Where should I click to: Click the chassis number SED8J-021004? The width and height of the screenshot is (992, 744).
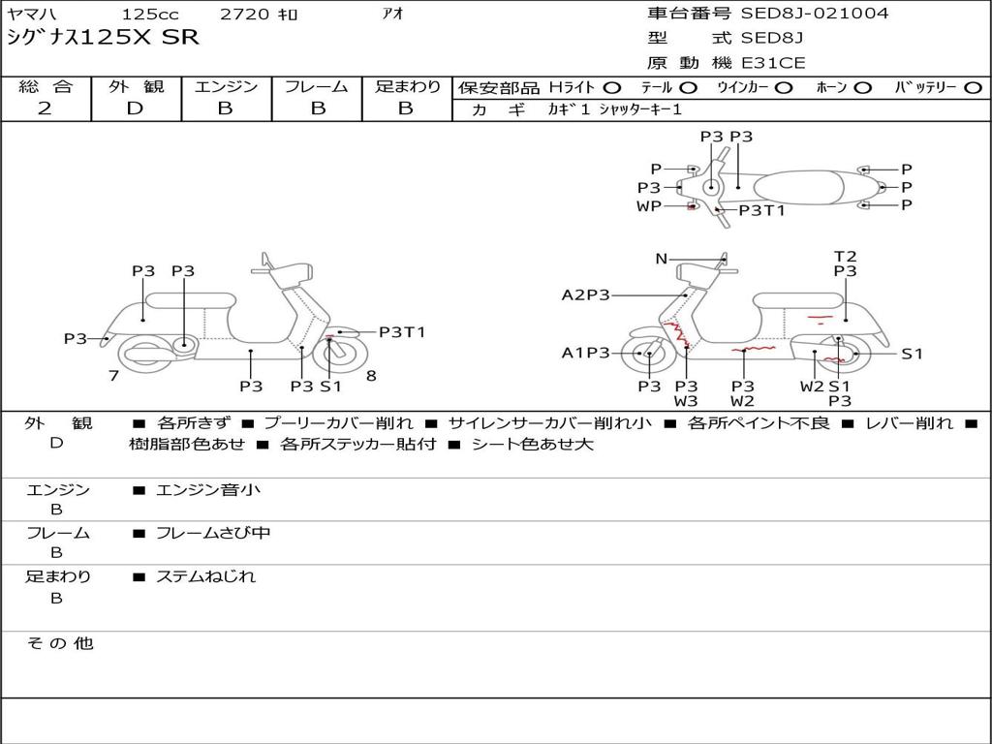814,14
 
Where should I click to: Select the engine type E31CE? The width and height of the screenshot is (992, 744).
772,64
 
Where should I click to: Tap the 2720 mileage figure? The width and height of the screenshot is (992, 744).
246,15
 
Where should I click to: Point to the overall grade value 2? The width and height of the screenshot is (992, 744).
45,108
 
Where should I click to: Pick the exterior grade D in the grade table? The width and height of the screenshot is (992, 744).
135,108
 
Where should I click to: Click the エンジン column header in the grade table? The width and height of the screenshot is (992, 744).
226,86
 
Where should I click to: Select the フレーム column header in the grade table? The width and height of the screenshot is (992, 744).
316,86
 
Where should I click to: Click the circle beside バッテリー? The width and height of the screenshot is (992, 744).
973,87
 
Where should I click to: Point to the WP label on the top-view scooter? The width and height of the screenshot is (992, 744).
649,206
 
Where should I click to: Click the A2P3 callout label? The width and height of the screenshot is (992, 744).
585,294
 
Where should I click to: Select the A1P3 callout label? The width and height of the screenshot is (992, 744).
585,354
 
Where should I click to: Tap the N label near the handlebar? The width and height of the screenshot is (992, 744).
662,259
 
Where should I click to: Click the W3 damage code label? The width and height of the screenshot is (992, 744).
686,400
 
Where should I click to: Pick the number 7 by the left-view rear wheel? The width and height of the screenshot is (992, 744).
114,375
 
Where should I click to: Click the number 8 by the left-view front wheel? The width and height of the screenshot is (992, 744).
371,375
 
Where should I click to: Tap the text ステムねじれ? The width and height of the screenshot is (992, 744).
205,576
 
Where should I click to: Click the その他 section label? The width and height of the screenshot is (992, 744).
59,643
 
